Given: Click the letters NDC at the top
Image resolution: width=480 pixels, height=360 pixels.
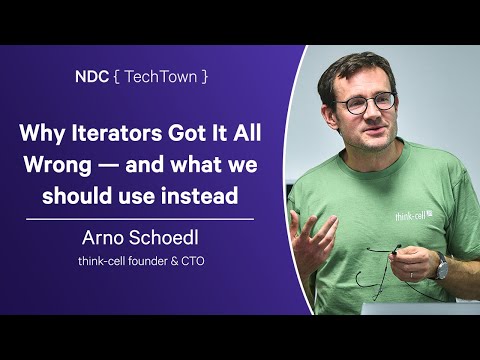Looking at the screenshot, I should point(93,75).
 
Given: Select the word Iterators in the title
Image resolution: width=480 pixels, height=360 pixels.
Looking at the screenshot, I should point(121,133).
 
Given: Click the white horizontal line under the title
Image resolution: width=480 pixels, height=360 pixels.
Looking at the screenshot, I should point(140,216).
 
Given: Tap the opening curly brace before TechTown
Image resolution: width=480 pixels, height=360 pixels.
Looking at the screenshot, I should point(117,75).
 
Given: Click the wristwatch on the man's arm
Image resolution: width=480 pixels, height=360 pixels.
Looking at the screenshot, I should point(441,266).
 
